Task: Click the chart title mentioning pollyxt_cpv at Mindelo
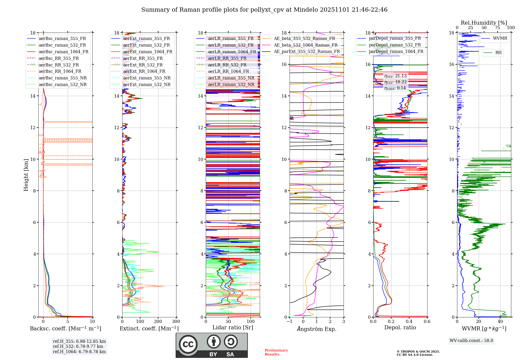point(264,10)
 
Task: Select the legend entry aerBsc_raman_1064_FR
point(63,52)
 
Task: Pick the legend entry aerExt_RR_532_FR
point(143,65)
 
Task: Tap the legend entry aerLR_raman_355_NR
point(231,78)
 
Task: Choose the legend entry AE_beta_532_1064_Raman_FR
point(305,45)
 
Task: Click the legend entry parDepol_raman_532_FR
point(395,45)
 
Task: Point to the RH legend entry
point(498,53)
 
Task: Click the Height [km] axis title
point(26,175)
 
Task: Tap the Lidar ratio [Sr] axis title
point(233,327)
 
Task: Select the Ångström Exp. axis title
point(317,329)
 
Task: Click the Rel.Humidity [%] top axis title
point(484,23)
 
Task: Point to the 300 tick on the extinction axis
point(176,322)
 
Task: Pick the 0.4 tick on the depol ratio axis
point(409,322)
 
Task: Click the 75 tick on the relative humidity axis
point(498,28)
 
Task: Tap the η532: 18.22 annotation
point(395,82)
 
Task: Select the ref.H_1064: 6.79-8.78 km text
point(79,352)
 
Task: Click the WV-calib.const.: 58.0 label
point(471,340)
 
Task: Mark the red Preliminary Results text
point(276,352)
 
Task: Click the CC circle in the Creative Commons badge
point(188,344)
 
